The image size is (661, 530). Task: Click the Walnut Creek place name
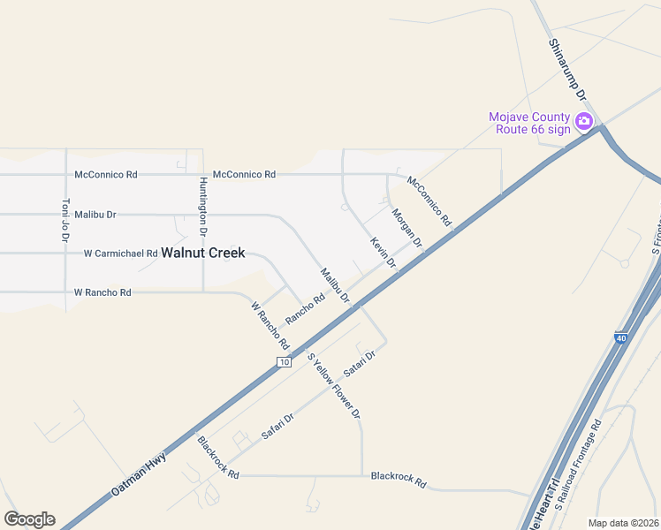(202, 253)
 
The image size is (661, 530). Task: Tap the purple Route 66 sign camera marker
(583, 122)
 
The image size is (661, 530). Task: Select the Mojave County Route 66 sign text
(530, 123)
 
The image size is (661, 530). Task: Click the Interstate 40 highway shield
(620, 337)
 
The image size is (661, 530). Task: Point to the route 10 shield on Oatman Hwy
(283, 362)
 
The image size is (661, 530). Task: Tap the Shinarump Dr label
(569, 69)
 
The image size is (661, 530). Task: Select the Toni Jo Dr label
(65, 220)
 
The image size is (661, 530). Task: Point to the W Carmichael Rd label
(120, 254)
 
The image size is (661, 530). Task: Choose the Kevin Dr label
(383, 253)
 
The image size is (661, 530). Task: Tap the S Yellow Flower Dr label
(334, 385)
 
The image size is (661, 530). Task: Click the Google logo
(29, 519)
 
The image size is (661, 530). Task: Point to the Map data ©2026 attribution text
(624, 523)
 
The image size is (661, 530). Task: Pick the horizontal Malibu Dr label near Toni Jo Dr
(95, 215)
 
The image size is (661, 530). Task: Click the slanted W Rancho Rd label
(270, 324)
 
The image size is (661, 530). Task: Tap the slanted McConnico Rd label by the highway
(429, 201)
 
